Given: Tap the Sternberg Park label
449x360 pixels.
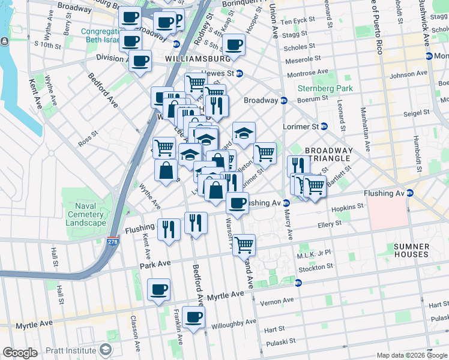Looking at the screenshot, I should point(325,88).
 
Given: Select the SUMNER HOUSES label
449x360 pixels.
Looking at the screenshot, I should point(411,250).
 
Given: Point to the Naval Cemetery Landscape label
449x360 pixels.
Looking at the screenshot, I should point(86,214).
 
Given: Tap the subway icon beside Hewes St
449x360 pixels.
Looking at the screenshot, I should point(240,73).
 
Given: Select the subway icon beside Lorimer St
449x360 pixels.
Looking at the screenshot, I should point(324,127).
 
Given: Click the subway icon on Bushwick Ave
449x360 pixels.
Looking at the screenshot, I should point(429,56).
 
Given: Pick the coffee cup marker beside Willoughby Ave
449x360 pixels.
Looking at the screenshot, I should point(193,317).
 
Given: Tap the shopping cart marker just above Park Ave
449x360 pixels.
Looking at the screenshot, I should point(244,244).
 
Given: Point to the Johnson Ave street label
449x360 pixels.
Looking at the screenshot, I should point(408,74).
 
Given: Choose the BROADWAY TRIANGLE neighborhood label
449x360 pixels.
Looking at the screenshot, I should point(327,154).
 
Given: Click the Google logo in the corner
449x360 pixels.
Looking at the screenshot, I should point(20,353).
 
